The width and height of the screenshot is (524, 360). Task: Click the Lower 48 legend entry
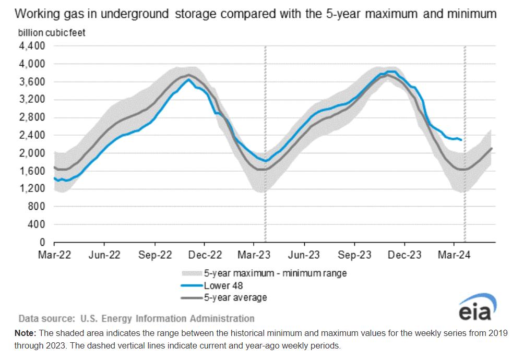pos(223,285)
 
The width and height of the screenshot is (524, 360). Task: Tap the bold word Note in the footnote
pos(24,333)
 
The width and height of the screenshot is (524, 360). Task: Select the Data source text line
pos(136,318)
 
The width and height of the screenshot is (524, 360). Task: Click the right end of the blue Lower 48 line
pos(461,140)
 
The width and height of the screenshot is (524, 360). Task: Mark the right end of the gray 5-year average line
pos(492,149)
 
